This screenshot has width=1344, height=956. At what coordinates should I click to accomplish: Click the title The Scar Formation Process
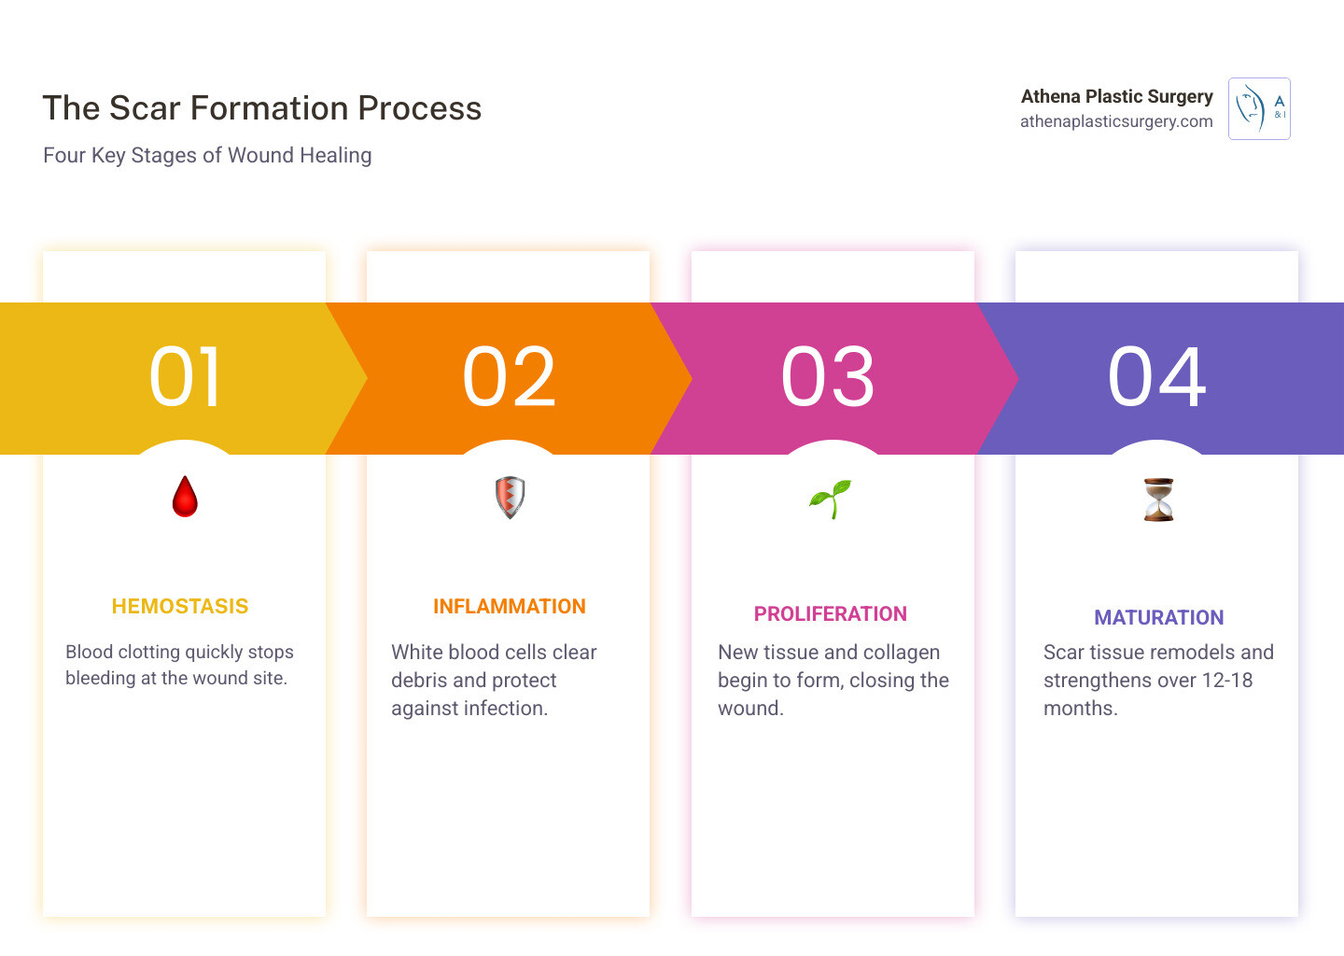click(x=261, y=108)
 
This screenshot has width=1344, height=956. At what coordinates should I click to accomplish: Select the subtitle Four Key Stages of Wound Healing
click(x=207, y=155)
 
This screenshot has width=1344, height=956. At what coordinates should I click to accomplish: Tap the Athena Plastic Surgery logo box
click(x=1259, y=108)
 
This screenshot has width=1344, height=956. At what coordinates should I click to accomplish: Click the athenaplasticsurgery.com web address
click(x=1116, y=121)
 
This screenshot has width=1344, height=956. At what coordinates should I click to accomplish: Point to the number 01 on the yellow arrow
click(x=186, y=377)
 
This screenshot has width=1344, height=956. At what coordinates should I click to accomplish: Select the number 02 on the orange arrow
click(x=509, y=377)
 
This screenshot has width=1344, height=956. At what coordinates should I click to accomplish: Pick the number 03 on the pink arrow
click(x=827, y=377)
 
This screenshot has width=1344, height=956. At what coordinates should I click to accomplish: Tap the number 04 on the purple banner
click(x=1156, y=377)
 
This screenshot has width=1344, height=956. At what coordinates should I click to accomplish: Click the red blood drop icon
click(x=185, y=497)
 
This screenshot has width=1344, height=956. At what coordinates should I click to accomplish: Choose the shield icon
click(x=510, y=498)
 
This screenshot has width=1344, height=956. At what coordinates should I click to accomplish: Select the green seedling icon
click(x=831, y=499)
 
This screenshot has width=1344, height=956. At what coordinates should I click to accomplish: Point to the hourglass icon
click(x=1158, y=499)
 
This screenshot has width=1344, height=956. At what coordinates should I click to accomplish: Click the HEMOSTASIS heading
click(x=180, y=606)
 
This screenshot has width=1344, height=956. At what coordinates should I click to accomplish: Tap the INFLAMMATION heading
click(x=510, y=606)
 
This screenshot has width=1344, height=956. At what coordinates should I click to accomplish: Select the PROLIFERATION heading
click(x=831, y=614)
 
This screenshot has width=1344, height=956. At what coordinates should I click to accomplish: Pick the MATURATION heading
click(x=1158, y=617)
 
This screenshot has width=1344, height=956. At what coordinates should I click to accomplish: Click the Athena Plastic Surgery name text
click(x=1116, y=96)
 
